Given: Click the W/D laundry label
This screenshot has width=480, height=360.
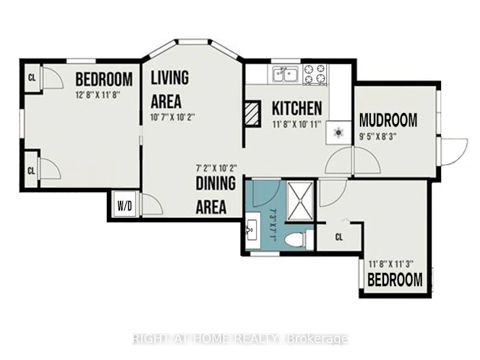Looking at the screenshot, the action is click(125, 206).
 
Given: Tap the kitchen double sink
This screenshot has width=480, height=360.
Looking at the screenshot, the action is click(286, 74).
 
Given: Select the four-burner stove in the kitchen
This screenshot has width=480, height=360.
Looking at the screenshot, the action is click(314, 74).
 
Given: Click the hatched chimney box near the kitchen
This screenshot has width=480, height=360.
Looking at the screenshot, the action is click(253, 114).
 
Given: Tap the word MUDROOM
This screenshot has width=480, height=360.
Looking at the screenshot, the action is click(388, 121).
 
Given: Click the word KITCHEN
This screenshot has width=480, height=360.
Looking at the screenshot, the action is click(297, 108).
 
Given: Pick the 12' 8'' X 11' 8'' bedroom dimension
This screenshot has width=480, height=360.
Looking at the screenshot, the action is click(97, 95).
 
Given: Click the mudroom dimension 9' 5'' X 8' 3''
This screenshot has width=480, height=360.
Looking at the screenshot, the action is click(378, 137).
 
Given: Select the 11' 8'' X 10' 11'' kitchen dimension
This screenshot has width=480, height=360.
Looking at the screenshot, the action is click(296, 125).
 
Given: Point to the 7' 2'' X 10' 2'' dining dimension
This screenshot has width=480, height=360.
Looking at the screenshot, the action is click(217, 168).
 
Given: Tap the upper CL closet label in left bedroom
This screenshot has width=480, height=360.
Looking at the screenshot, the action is click(32, 78).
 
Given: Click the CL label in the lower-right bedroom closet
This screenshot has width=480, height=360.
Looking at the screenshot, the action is click(339, 237).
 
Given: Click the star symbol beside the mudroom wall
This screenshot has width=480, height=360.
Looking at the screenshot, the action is click(339, 133).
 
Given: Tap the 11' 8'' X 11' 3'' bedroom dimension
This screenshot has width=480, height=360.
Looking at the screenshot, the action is click(391, 263).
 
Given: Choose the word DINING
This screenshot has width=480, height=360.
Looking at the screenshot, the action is click(216, 183).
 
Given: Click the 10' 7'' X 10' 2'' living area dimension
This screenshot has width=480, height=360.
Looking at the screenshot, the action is click(173, 118).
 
